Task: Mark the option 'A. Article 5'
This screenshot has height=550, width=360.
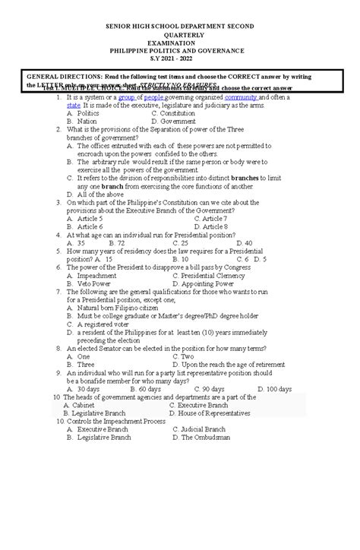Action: [84, 218]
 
